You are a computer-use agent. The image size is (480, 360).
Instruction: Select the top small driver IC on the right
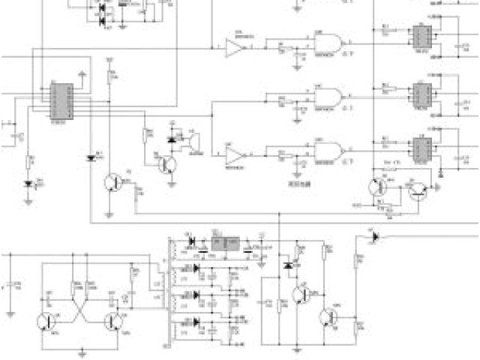pyautogui.click(x=418, y=36)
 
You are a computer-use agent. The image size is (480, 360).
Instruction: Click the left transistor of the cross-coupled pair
pyautogui.click(x=46, y=321)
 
